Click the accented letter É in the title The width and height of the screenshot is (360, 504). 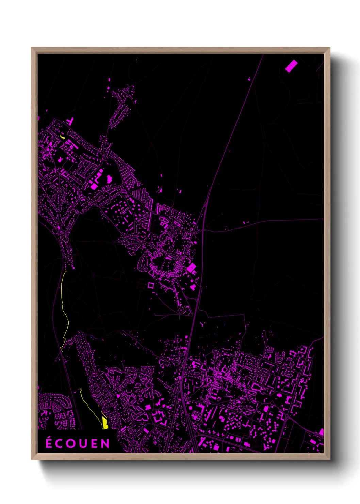click(x=49, y=443)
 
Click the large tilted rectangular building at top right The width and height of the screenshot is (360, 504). click(x=291, y=66)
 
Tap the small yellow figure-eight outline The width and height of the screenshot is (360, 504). click(x=62, y=137)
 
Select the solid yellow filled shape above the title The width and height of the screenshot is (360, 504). click(x=105, y=424)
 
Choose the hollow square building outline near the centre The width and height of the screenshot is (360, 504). click(x=151, y=285)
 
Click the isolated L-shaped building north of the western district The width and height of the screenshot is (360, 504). click(x=71, y=121)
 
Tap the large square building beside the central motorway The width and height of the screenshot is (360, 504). click(x=192, y=268)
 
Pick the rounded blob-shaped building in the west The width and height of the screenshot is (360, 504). click(x=109, y=178)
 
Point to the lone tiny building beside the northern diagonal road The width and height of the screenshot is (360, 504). click(x=249, y=79)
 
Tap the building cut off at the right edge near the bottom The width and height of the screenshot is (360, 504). click(x=321, y=432)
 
